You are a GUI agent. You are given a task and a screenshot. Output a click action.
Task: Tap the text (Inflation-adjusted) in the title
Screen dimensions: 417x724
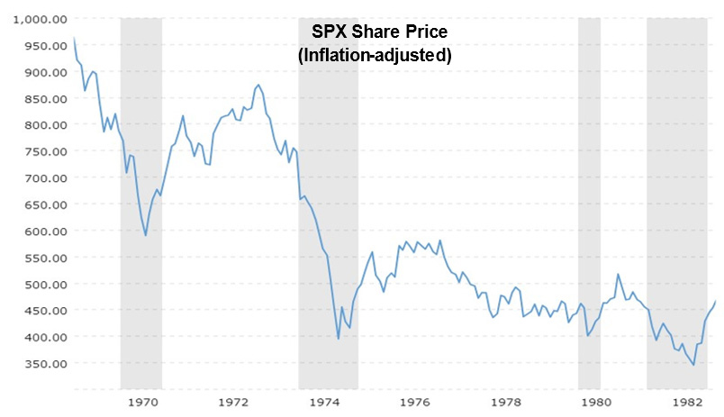click(x=374, y=54)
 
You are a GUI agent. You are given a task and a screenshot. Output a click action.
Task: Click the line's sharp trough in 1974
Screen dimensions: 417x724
click(x=338, y=339)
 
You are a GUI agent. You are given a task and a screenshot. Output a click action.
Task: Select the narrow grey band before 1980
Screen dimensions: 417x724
click(x=589, y=198)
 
